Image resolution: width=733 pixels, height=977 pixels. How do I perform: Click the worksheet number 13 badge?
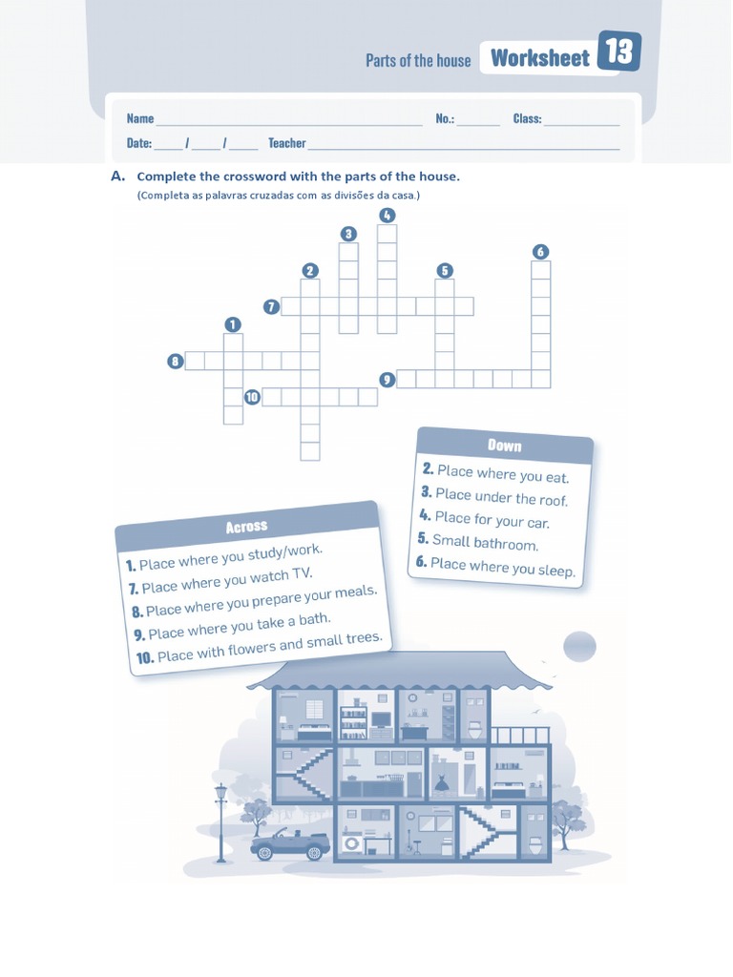click(619, 52)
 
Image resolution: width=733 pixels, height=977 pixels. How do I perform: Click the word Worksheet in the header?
click(539, 58)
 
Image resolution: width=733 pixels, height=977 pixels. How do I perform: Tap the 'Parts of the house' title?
click(418, 60)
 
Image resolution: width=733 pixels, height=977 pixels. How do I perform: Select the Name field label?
click(139, 118)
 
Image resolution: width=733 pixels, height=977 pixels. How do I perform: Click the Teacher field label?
click(286, 143)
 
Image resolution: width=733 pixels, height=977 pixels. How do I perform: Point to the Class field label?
click(527, 118)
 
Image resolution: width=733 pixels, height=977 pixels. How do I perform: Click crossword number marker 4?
click(387, 215)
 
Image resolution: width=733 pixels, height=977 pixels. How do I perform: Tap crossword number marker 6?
click(540, 252)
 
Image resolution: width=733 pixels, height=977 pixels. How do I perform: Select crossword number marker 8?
click(175, 361)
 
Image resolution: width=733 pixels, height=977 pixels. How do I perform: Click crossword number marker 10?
click(252, 397)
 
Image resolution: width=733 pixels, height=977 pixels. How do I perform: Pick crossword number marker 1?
click(232, 324)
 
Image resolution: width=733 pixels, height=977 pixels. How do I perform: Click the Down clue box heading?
click(504, 446)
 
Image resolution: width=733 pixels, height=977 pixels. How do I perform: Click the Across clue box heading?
click(246, 527)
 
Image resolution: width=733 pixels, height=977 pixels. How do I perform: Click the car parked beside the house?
click(290, 843)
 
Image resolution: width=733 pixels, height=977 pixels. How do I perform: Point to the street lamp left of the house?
click(221, 819)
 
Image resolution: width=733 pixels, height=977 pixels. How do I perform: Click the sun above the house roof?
click(579, 647)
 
